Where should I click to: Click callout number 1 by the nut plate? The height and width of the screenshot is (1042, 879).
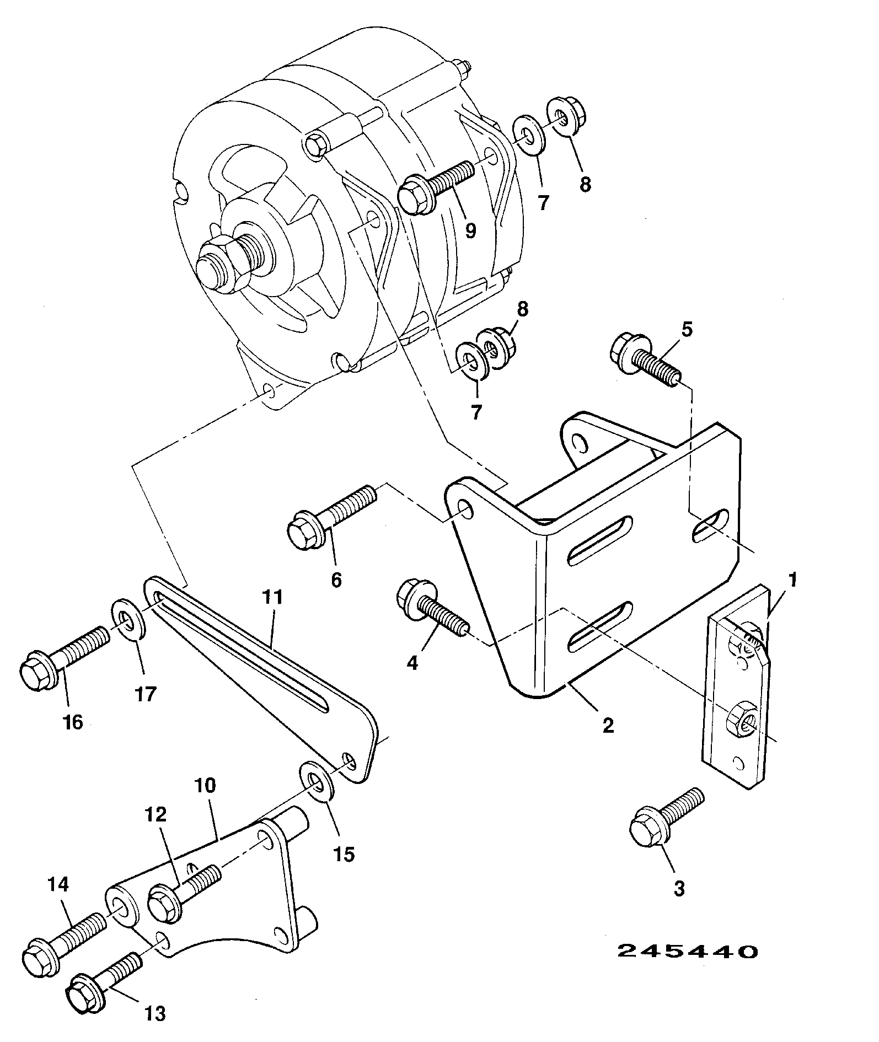tap(793, 579)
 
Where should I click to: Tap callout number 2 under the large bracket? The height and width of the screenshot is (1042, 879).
tap(608, 725)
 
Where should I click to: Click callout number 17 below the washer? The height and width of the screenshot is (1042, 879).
tap(146, 694)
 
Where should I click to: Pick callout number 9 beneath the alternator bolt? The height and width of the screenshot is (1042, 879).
tap(470, 230)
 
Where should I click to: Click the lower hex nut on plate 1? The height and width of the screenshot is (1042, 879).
tap(742, 721)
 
